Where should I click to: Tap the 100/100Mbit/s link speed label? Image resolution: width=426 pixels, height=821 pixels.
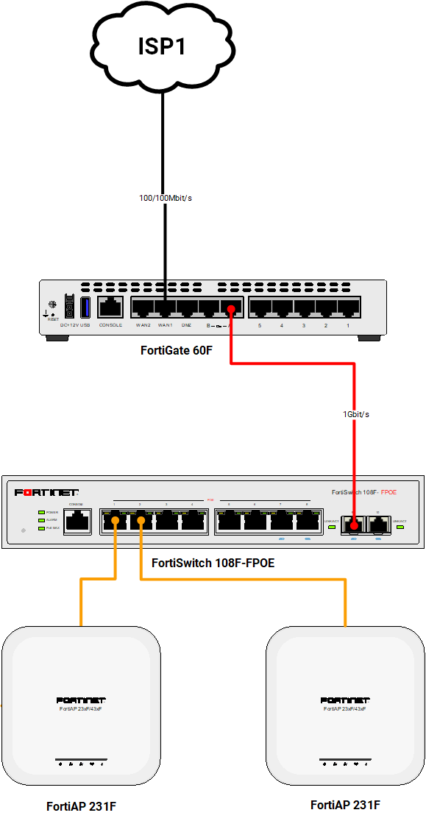(x=166, y=198)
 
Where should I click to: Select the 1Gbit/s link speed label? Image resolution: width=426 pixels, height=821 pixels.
(x=356, y=414)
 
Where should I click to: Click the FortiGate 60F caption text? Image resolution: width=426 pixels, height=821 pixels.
(x=177, y=350)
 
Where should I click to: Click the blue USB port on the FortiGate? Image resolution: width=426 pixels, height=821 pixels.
(x=85, y=307)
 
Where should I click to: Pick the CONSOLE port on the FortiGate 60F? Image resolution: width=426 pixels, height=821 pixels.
(x=110, y=308)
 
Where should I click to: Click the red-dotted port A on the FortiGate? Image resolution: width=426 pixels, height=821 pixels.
(x=231, y=309)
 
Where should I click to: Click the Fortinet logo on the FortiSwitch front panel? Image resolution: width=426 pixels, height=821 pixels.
(x=46, y=492)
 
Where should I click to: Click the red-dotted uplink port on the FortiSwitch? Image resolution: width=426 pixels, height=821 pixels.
(x=354, y=525)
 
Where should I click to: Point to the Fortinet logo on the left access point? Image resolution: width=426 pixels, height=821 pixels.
(x=81, y=700)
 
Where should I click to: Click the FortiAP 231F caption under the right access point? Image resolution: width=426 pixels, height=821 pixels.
(x=345, y=805)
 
